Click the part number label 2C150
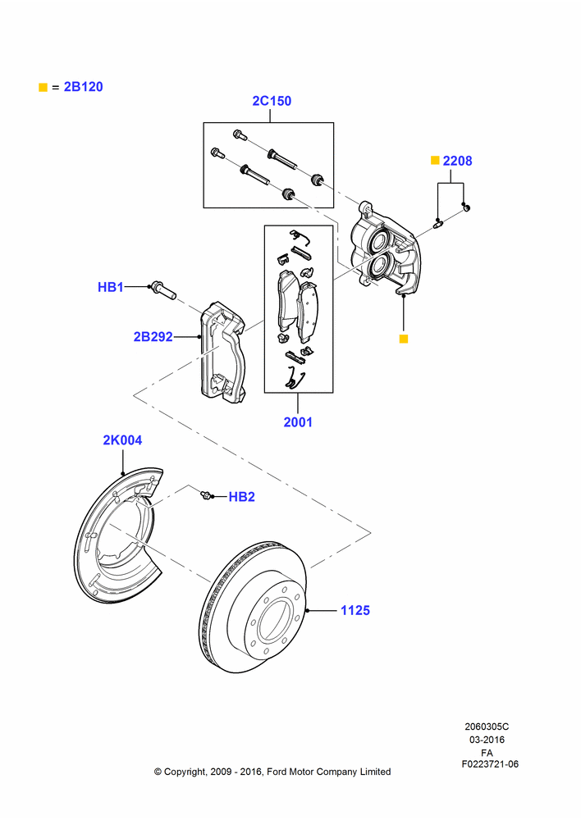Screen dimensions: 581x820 tap(272, 101)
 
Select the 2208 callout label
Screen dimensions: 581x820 tap(457, 161)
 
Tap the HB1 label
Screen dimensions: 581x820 tap(111, 287)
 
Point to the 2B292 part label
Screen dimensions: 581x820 tap(153, 337)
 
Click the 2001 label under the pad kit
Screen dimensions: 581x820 tap(298, 422)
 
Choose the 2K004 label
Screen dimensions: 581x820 tap(122, 440)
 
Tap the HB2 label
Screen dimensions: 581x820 tap(242, 497)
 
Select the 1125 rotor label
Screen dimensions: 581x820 tap(355, 610)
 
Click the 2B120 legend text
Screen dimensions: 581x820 tap(83, 87)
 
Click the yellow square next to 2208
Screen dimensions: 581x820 tap(434, 161)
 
